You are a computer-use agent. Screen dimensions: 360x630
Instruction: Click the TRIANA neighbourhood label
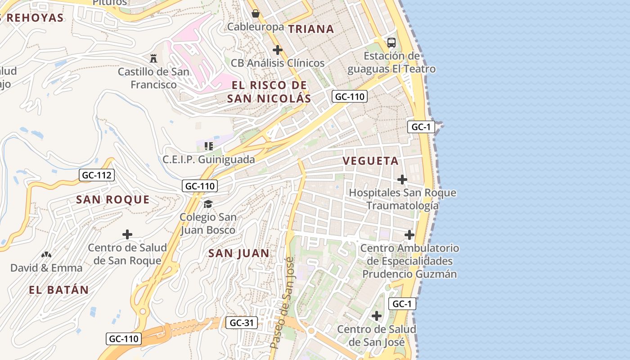311,29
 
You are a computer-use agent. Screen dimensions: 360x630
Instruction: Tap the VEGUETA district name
370,161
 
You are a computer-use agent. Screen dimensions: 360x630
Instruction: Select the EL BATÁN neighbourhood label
59,290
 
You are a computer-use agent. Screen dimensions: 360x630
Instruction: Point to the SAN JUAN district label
238,253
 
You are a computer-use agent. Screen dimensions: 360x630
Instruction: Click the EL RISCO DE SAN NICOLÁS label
269,92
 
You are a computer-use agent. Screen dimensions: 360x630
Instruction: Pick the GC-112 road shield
97,175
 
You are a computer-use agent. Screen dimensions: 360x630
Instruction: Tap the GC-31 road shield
242,323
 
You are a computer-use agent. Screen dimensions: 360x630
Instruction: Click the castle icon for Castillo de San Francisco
153,58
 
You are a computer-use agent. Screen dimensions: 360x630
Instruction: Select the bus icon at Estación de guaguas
391,43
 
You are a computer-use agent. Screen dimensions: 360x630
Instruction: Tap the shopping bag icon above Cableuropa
256,13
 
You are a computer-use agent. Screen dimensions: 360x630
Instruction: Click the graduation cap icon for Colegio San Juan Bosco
207,204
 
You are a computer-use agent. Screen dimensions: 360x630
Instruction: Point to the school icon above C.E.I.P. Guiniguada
208,146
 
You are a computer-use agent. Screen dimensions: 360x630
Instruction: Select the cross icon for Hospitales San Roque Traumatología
402,180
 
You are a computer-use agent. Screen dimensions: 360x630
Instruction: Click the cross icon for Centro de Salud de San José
376,316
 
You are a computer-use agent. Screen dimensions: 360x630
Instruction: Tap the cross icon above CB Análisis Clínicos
278,49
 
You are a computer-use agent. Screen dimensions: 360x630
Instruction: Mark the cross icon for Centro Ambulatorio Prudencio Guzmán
409,235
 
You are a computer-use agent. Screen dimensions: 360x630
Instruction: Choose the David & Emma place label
46,268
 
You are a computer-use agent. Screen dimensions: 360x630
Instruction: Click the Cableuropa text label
255,27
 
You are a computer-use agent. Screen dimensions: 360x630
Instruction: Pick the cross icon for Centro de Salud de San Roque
127,234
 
